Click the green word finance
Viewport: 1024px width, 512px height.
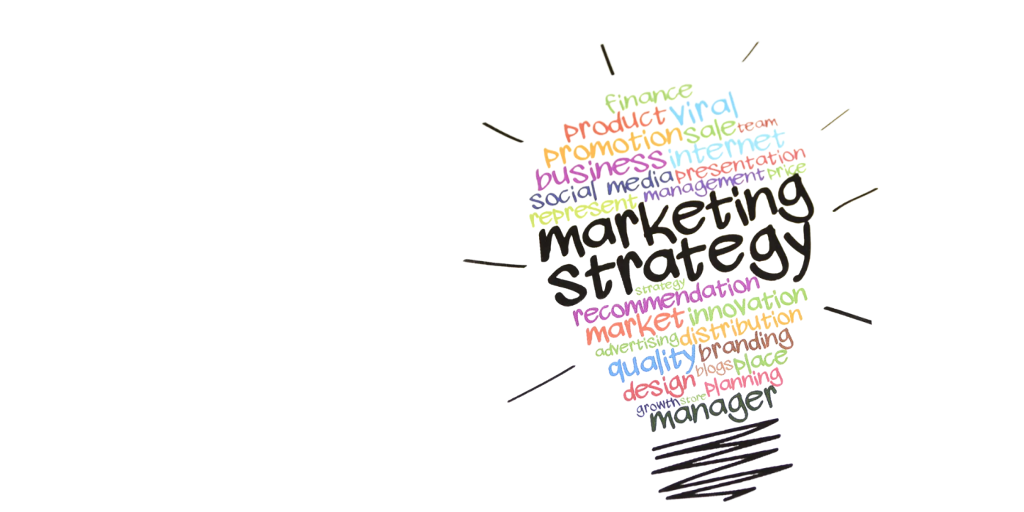[648, 98]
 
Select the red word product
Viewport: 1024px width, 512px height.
[615, 124]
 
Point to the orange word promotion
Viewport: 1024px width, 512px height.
[613, 147]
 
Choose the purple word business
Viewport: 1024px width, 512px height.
[600, 169]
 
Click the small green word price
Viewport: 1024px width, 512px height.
[787, 171]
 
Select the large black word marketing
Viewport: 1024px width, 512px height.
[676, 219]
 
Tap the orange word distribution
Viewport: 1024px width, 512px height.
[741, 328]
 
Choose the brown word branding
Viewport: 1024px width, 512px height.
[745, 345]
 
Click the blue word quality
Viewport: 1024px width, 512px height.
[651, 362]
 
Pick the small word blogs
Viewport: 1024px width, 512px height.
[714, 367]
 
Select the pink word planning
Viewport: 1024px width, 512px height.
[743, 381]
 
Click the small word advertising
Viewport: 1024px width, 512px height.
[637, 345]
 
